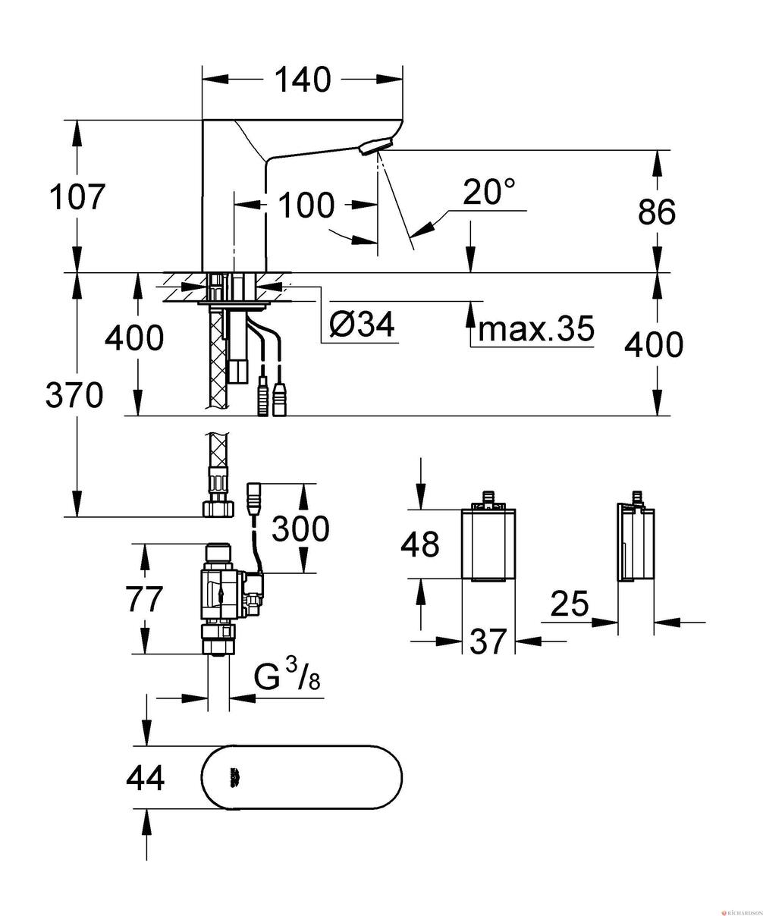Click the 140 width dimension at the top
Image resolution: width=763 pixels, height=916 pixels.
coord(302,80)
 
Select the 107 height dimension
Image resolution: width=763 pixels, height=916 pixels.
coord(77,196)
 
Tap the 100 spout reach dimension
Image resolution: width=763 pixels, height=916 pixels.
coord(306,205)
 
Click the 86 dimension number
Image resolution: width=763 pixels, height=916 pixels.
coord(656,212)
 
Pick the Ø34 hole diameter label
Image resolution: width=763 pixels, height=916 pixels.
coord(362,324)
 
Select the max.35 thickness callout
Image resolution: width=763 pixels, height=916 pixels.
coord(536,328)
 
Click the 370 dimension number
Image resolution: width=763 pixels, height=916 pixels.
coord(74,394)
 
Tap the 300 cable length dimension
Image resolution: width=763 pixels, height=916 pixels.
coord(300,528)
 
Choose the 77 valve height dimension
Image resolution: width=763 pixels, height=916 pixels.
coord(144,598)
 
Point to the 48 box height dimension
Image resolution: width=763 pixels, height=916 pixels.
coord(420,544)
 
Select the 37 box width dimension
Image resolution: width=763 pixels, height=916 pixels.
coord(488,641)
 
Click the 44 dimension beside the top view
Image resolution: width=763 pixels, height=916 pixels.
coord(145,777)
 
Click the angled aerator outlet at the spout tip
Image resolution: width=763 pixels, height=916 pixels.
coord(375,146)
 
